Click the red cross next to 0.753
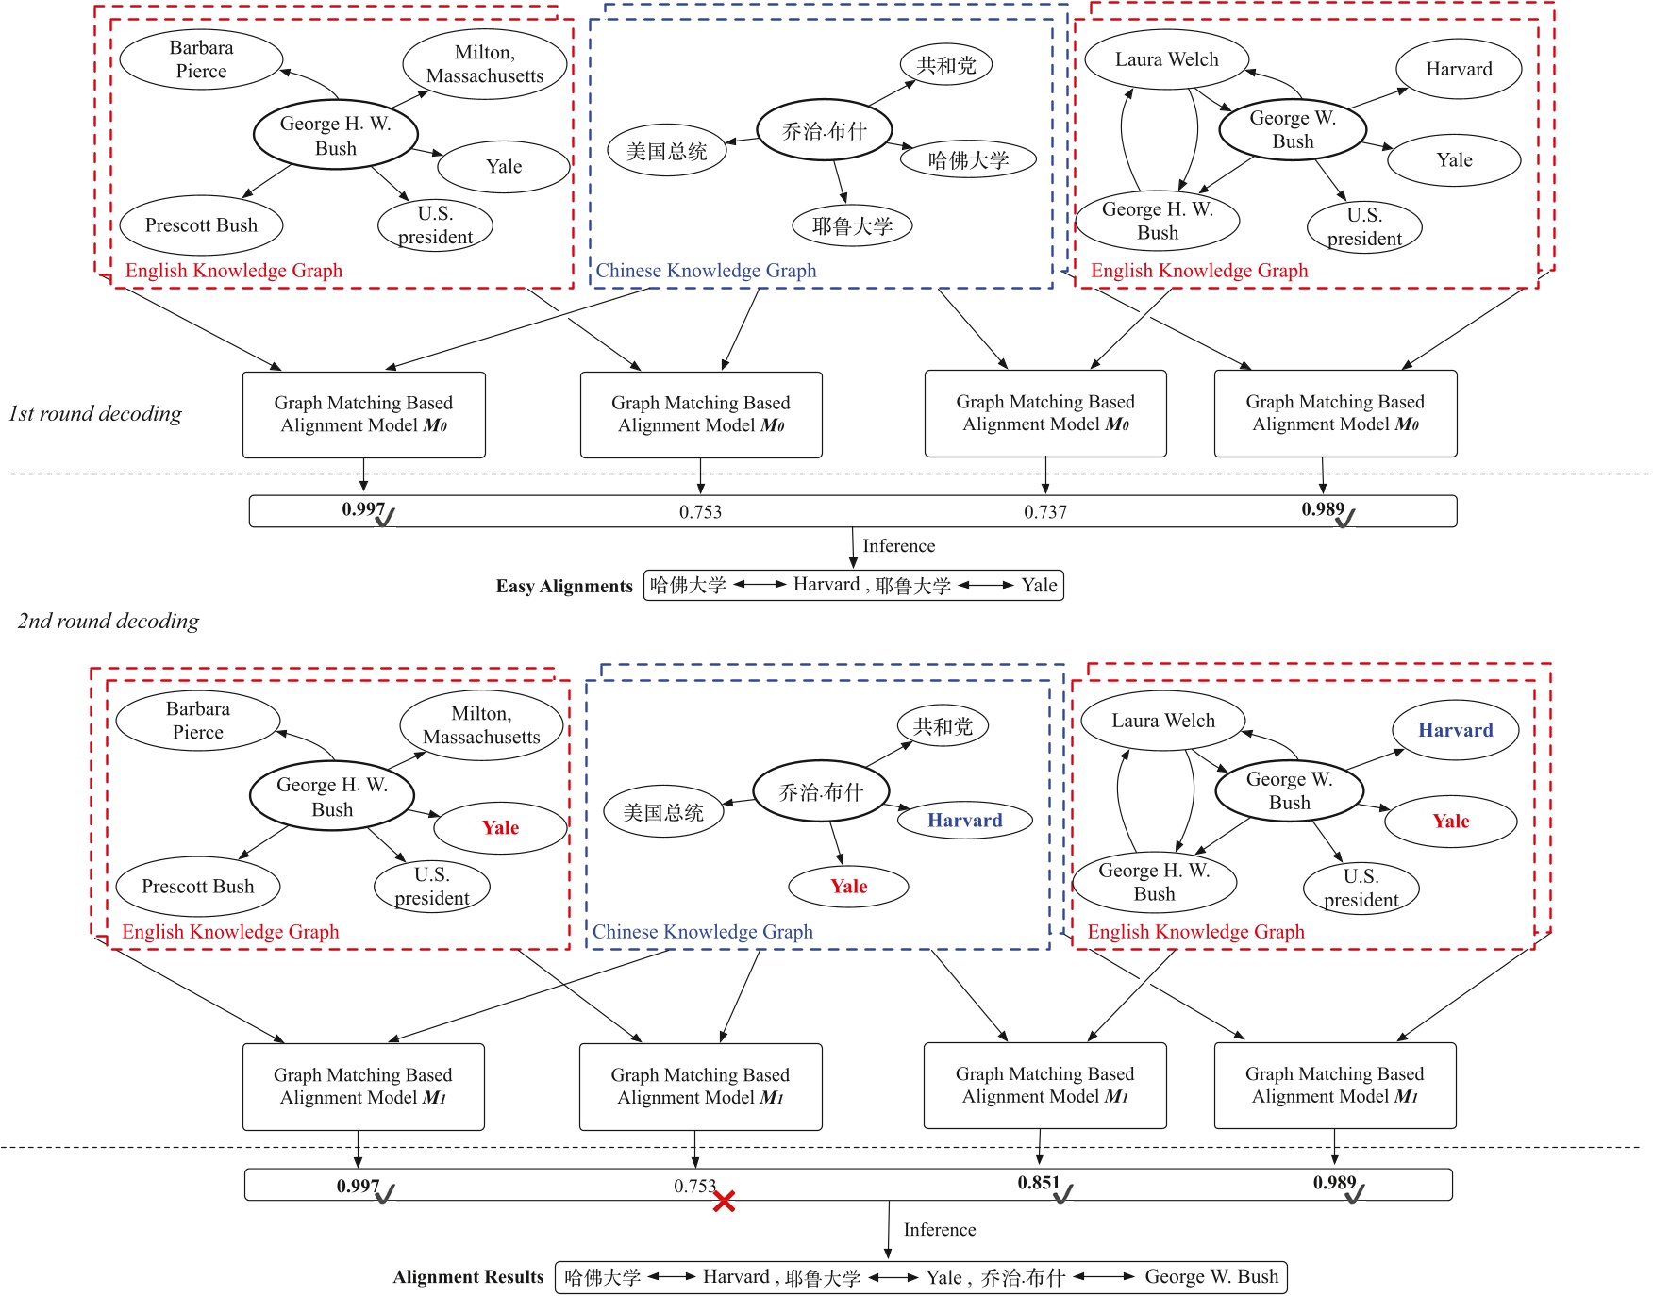[x=724, y=1201]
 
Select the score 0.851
[x=1038, y=1183]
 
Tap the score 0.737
[x=1045, y=512]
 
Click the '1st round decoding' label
[x=95, y=413]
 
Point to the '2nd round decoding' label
[x=109, y=621]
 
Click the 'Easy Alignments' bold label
[x=564, y=586]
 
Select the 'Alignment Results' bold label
[x=468, y=1277]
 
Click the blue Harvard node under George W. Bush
[x=1455, y=730]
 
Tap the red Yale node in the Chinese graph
[x=848, y=886]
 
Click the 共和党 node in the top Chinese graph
[x=945, y=65]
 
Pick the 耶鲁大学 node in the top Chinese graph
[x=852, y=225]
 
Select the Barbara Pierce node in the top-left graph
[x=201, y=59]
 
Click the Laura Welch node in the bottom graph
[x=1162, y=721]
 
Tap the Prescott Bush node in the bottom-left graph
[x=198, y=887]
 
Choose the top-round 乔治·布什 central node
[x=824, y=131]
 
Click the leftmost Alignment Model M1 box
[x=363, y=1086]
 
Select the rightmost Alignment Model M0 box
[x=1335, y=413]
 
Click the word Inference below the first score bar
[x=898, y=546]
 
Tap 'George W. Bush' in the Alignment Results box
[x=1211, y=1277]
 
